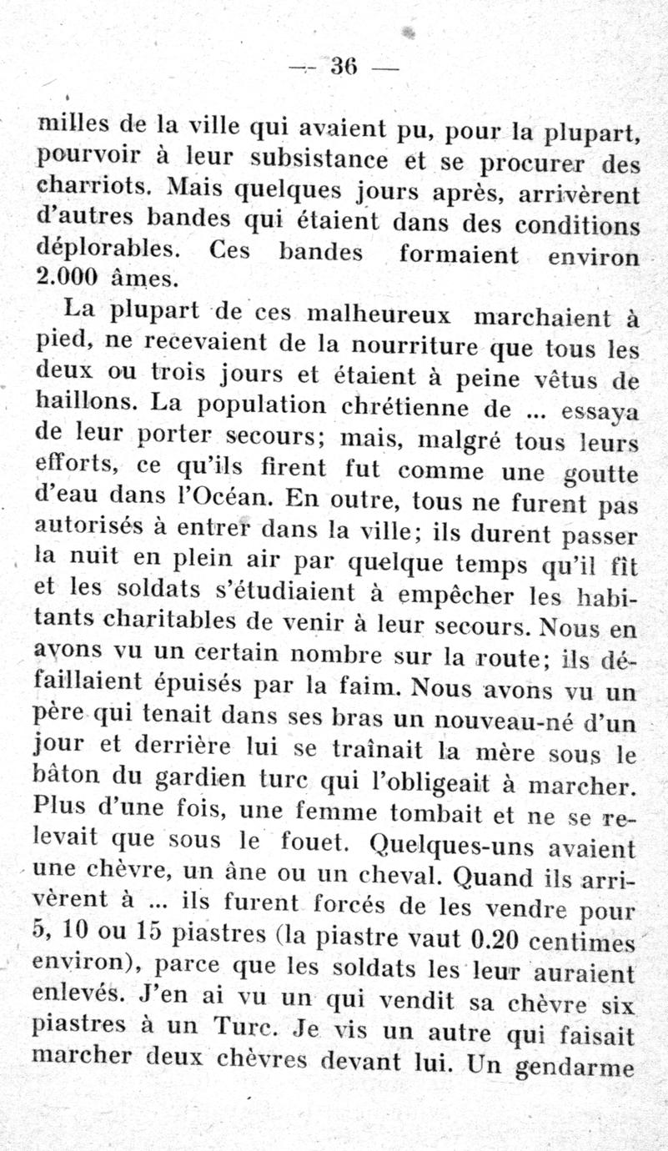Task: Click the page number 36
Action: (x=344, y=66)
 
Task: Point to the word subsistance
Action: (x=320, y=159)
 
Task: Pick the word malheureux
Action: (x=379, y=314)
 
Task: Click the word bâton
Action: (x=68, y=777)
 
